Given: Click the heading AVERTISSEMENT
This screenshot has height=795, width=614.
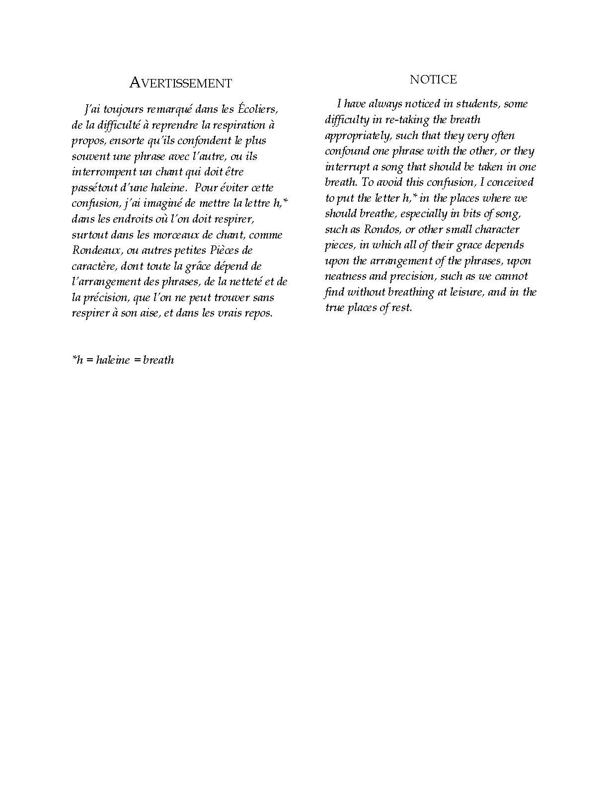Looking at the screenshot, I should pyautogui.click(x=180, y=83).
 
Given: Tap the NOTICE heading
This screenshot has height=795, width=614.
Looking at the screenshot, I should pyautogui.click(x=433, y=79).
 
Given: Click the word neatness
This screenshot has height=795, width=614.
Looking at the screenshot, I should pyautogui.click(x=346, y=276).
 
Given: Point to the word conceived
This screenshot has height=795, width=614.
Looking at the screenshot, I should pyautogui.click(x=510, y=182).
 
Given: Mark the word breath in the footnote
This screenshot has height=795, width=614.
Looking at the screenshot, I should pyautogui.click(x=158, y=360).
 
